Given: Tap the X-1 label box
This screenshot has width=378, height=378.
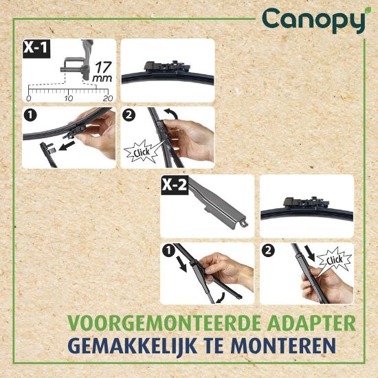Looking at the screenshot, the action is click(x=36, y=49).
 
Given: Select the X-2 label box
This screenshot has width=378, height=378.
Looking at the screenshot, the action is click(x=175, y=185).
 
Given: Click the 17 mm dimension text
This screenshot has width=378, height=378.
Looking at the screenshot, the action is click(x=102, y=71).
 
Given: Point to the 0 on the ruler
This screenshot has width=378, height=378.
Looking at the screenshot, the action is click(x=28, y=98).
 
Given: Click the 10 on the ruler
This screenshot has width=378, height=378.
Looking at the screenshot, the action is click(x=69, y=98).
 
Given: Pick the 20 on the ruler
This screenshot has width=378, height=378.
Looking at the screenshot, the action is click(x=108, y=98).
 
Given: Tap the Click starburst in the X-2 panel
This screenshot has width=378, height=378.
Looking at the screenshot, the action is click(x=334, y=260).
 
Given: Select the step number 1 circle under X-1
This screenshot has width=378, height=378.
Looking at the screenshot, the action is click(x=30, y=115).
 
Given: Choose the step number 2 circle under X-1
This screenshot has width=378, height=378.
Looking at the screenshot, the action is click(x=129, y=115).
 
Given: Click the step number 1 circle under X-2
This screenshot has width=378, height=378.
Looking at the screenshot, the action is click(x=168, y=251).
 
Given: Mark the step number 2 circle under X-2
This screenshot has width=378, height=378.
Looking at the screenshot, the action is click(x=268, y=251).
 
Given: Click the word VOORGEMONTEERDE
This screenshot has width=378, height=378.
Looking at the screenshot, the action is click(x=164, y=323).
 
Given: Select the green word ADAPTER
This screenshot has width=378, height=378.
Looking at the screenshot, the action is click(x=311, y=323).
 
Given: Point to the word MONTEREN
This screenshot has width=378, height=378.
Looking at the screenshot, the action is click(x=283, y=346).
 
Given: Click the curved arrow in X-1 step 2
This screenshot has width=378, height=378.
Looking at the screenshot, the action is click(x=170, y=113).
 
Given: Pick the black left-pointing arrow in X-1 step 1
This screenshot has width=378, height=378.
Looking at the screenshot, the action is click(x=67, y=146).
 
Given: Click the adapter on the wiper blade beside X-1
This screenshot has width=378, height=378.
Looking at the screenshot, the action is click(x=167, y=67).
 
